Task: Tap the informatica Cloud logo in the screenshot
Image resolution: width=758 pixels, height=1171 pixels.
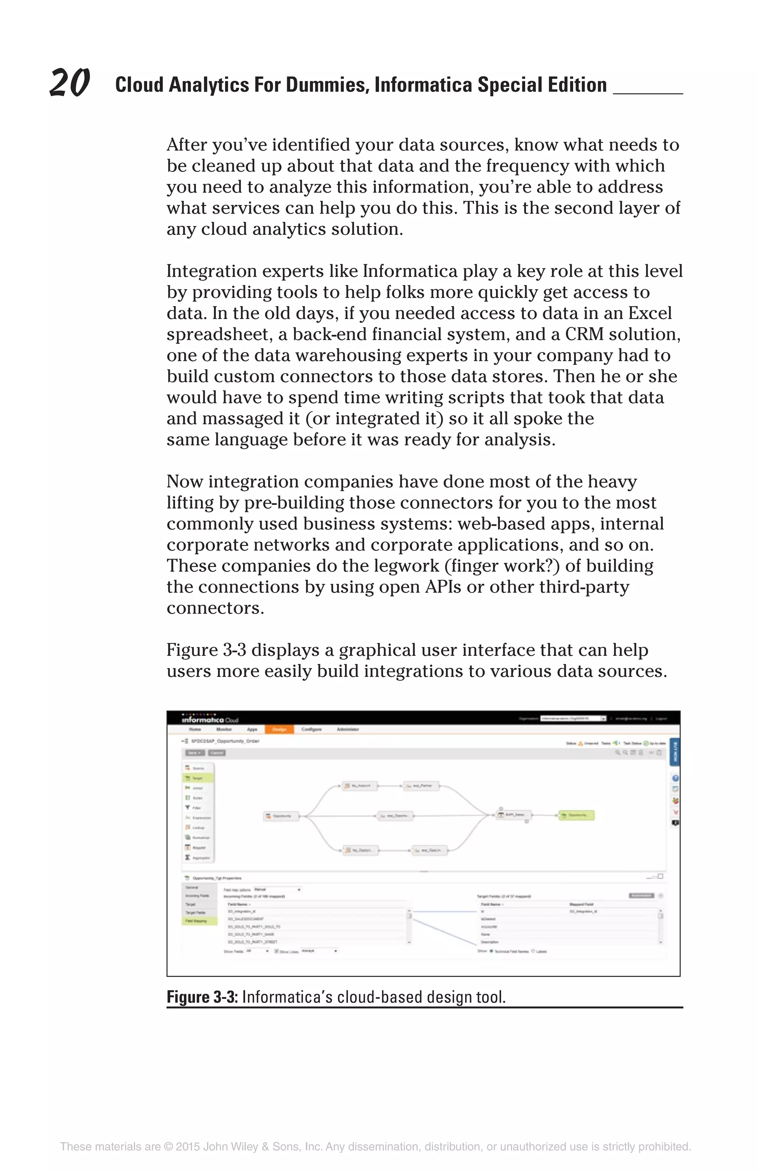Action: [209, 719]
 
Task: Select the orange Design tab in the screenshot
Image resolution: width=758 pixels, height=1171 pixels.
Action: [279, 729]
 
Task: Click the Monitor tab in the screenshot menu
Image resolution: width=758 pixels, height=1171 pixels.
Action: [224, 729]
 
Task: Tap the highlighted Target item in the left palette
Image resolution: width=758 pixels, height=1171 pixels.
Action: [198, 778]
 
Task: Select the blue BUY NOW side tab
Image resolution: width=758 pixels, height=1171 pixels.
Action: [675, 751]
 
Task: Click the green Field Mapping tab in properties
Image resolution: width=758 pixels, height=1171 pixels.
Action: [199, 920]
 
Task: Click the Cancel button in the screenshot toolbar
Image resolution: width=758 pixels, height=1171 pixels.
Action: [217, 753]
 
